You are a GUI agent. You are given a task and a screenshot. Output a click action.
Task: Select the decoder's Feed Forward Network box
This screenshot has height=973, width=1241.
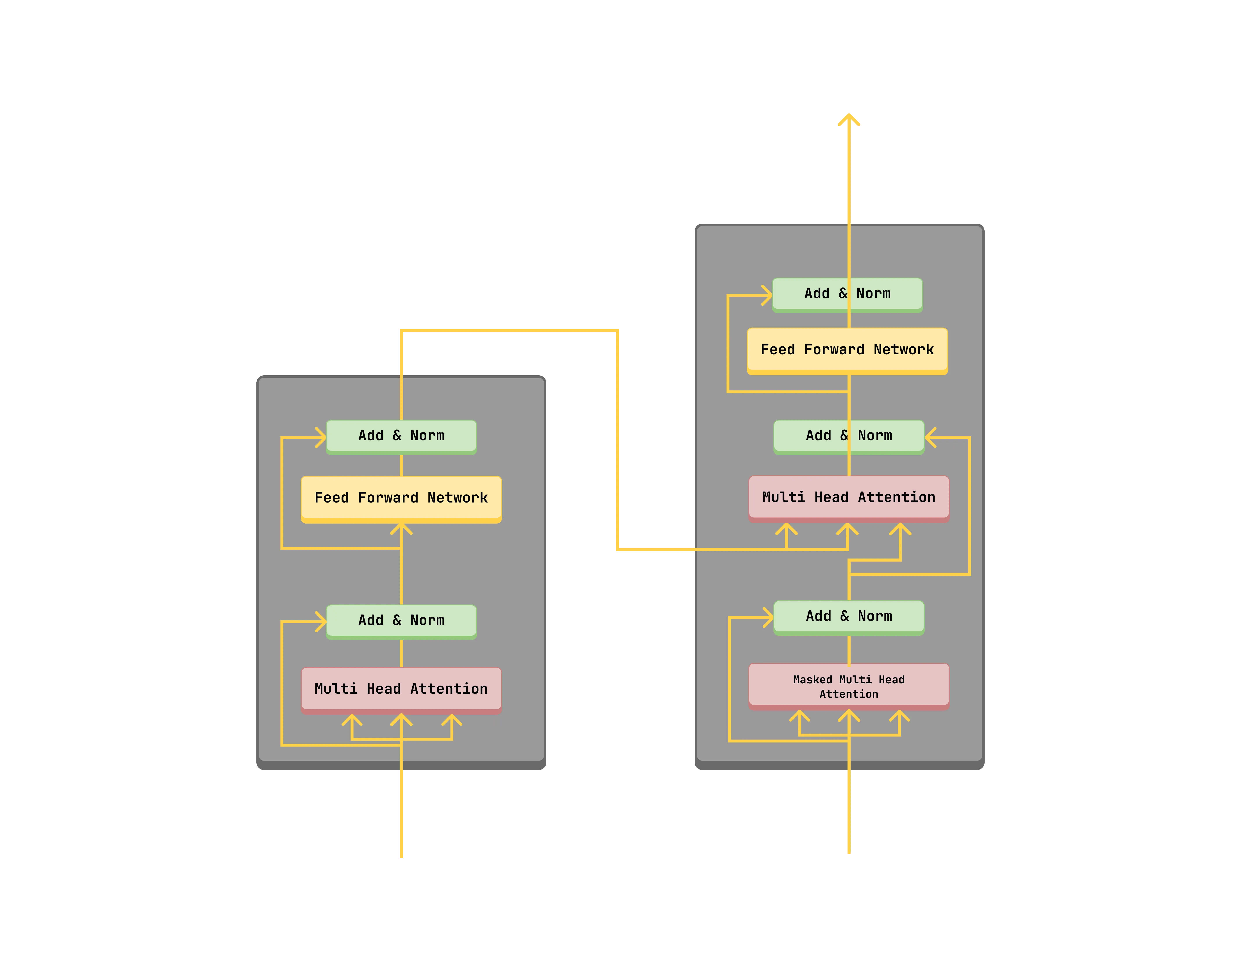(x=847, y=350)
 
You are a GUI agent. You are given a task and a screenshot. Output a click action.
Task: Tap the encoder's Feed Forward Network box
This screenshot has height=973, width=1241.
(x=401, y=498)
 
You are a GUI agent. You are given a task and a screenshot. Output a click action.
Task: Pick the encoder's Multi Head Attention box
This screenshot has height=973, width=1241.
(x=401, y=689)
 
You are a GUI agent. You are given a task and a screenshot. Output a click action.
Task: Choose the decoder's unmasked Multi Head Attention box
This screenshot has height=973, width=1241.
(x=848, y=497)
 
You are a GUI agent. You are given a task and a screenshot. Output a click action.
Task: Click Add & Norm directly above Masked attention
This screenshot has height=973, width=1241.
(x=848, y=616)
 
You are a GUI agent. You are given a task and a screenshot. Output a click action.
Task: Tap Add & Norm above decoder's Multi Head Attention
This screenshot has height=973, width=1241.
(x=848, y=436)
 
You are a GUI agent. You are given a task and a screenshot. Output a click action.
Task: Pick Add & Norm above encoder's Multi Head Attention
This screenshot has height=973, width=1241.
(x=401, y=620)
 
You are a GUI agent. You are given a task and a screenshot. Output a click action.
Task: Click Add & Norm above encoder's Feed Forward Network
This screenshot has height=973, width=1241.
(x=401, y=436)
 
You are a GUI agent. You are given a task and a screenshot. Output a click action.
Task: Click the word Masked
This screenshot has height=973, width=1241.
(x=812, y=680)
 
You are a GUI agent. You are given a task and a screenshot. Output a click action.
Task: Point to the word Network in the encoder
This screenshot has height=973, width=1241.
(x=458, y=498)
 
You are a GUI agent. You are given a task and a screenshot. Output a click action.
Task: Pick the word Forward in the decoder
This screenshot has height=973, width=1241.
(x=834, y=350)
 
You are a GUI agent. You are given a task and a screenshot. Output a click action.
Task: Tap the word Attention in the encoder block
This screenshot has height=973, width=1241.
(x=449, y=689)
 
